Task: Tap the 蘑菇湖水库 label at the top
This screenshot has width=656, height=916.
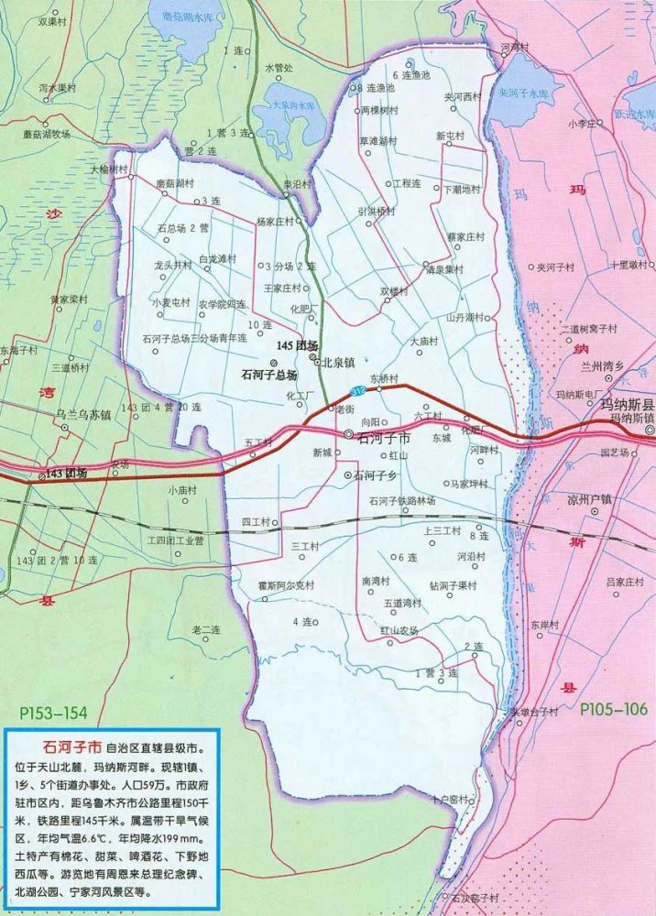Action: click(x=193, y=16)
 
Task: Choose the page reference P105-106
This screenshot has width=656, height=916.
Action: click(x=613, y=708)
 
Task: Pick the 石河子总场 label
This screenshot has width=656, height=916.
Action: click(x=268, y=375)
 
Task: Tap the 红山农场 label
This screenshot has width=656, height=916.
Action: click(x=399, y=630)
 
